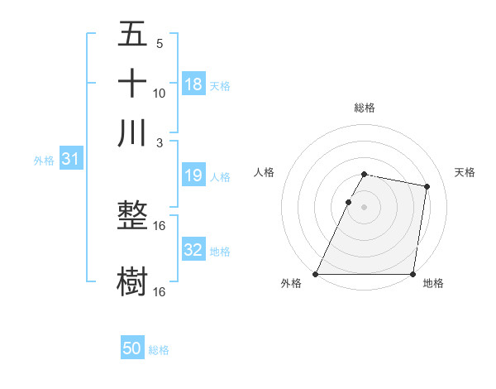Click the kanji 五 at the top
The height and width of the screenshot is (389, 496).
point(132,34)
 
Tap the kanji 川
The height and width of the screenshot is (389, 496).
point(132,132)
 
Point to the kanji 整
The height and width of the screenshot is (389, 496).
point(132,216)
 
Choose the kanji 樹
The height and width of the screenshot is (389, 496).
point(132,281)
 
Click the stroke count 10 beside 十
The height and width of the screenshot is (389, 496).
point(160,93)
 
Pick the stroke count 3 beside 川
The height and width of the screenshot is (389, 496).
point(160,142)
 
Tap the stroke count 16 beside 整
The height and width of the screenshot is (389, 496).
point(160,226)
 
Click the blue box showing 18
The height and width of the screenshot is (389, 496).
point(193,84)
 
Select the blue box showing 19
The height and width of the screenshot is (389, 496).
point(193,175)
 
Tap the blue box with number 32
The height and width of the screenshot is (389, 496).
point(193,250)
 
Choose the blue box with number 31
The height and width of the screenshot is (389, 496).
point(70,159)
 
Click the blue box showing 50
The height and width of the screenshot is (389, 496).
point(132,348)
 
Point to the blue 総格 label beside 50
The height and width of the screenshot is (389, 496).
point(159,350)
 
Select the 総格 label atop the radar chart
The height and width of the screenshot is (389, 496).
point(365,108)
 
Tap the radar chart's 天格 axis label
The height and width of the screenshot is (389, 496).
point(465,172)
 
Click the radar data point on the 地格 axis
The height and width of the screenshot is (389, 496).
point(413,274)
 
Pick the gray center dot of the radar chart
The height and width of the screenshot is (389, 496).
point(365,206)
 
